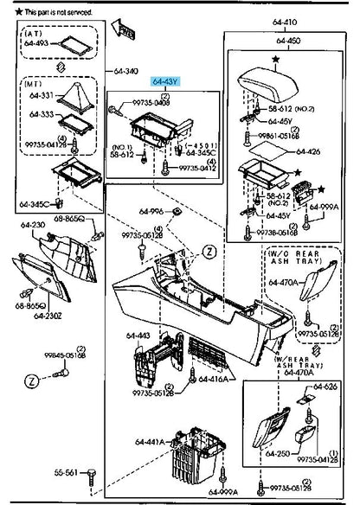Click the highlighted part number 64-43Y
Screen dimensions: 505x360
[x=164, y=83]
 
